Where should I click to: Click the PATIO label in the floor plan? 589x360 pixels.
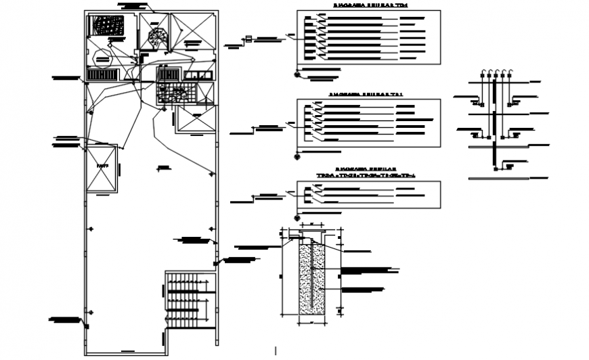[102, 164]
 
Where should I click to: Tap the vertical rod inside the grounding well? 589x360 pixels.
[311, 274]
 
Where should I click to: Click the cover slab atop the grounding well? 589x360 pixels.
[311, 237]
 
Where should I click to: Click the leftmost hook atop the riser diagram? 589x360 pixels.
[482, 72]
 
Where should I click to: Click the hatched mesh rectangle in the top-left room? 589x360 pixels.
[108, 26]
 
